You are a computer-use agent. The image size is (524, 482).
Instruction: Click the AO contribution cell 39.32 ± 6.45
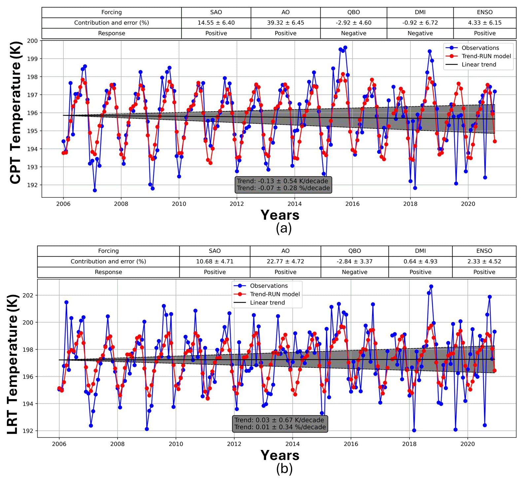click(285, 23)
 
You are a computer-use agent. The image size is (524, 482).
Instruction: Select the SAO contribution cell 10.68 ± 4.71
click(215, 261)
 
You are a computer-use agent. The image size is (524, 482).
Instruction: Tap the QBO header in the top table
click(353, 12)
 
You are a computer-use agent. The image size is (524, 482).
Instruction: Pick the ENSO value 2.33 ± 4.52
click(484, 261)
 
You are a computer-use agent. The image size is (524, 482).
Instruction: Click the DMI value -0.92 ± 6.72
click(420, 23)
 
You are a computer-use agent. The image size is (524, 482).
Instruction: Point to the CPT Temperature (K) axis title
click(16, 112)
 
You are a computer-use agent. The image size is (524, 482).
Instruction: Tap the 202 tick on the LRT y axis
click(28, 295)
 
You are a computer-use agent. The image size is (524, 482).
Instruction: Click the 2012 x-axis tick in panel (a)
click(236, 204)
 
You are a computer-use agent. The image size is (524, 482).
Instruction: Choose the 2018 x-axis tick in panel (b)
click(409, 444)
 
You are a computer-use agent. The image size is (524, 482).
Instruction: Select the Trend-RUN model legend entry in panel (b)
click(275, 294)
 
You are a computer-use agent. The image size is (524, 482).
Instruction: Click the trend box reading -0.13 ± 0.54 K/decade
click(283, 185)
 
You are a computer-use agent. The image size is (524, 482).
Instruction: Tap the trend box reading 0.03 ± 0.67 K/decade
click(280, 424)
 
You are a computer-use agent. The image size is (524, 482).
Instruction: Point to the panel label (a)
click(284, 228)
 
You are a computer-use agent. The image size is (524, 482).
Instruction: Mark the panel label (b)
click(284, 468)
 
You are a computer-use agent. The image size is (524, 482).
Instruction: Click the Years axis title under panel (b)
click(280, 455)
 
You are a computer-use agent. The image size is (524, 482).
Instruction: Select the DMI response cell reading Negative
click(420, 33)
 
